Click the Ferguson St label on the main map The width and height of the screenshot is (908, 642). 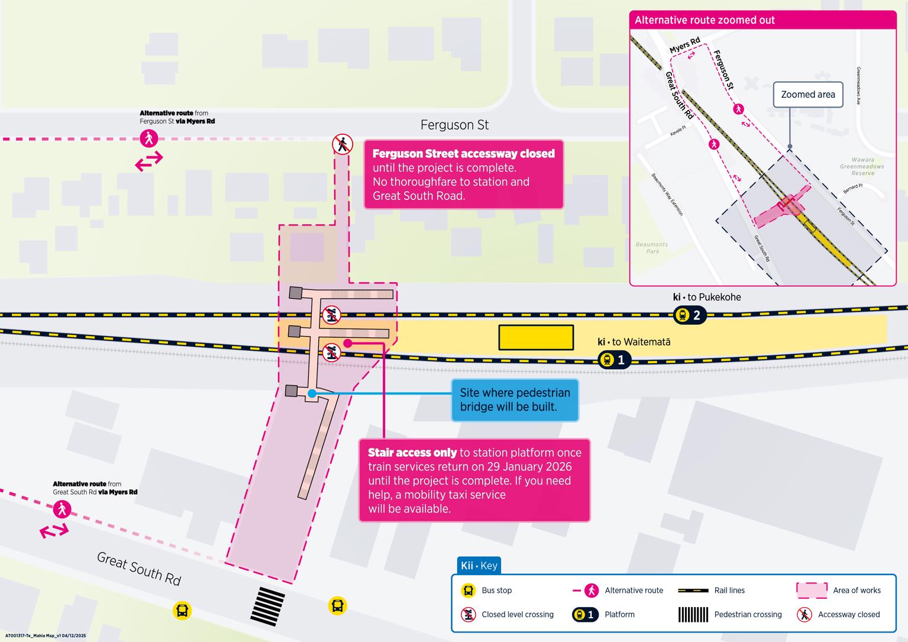pos(454,125)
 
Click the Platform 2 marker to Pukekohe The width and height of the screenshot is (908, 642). pos(690,315)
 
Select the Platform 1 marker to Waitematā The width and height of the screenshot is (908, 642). pos(614,359)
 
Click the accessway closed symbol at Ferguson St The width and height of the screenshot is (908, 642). pos(342,144)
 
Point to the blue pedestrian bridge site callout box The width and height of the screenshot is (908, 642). pos(515,400)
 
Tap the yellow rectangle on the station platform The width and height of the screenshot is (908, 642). pos(536,337)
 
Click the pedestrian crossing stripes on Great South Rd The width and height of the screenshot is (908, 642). pos(267,606)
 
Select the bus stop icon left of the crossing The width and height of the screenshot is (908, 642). pos(182,610)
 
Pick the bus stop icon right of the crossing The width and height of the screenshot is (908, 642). pos(337,605)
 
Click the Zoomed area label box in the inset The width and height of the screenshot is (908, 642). pos(807,95)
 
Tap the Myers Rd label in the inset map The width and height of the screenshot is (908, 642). pos(684,45)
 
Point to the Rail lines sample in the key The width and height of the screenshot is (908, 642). pos(693,591)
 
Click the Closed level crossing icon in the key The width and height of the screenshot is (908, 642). pos(468,614)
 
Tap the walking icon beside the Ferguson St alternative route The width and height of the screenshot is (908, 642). pos(149,138)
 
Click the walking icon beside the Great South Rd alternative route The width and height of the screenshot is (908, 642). pos(62,509)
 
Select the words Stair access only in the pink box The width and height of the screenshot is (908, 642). pos(412,453)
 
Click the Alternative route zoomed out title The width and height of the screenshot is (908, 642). pos(705,20)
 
